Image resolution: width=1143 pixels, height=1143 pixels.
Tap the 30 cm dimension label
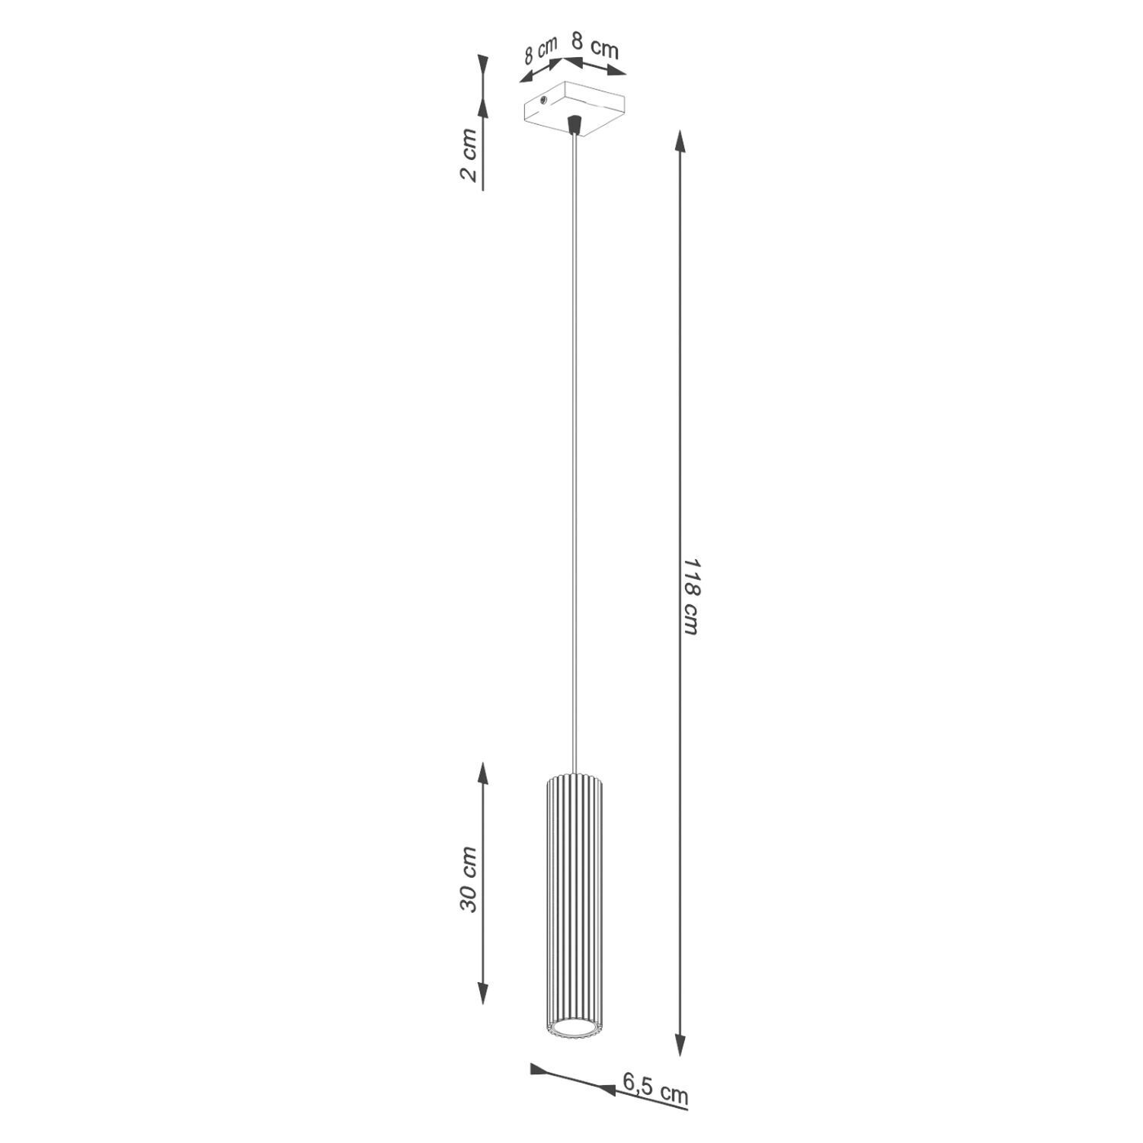(468, 879)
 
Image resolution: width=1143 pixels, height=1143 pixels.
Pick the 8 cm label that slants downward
(594, 48)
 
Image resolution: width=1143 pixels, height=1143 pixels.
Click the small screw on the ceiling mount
(543, 100)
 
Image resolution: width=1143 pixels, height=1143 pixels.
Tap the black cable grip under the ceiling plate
(575, 123)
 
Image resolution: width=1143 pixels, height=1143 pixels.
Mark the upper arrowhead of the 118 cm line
(680, 142)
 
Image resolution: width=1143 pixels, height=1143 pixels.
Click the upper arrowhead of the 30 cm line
(482, 774)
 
